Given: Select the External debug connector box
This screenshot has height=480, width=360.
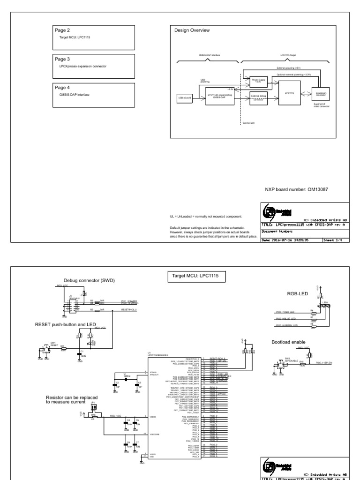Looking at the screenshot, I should tap(258, 97).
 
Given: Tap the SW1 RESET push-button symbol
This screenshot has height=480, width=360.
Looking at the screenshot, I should tap(46, 349).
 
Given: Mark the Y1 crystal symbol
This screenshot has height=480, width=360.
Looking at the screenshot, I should tap(127, 379).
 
